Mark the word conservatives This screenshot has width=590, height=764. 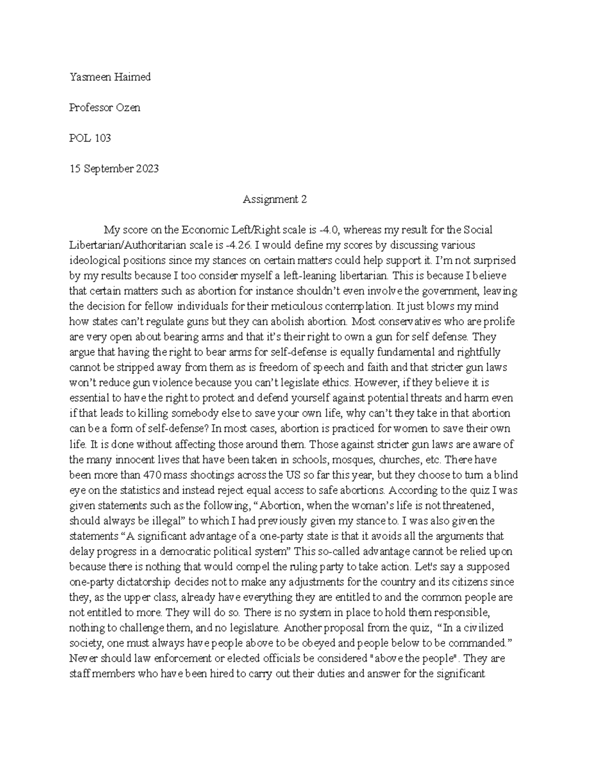pyautogui.click(x=411, y=322)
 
